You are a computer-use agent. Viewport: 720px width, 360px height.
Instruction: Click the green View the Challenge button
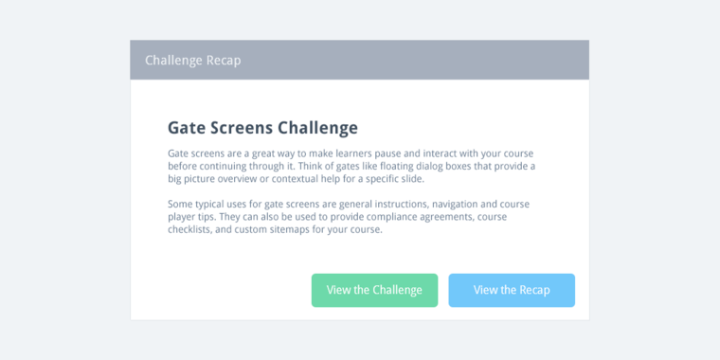[374, 290]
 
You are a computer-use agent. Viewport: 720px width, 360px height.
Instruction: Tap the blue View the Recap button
[512, 290]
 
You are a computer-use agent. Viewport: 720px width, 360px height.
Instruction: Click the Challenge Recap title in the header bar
[192, 60]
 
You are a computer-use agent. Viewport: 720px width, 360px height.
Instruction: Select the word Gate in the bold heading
[185, 127]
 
